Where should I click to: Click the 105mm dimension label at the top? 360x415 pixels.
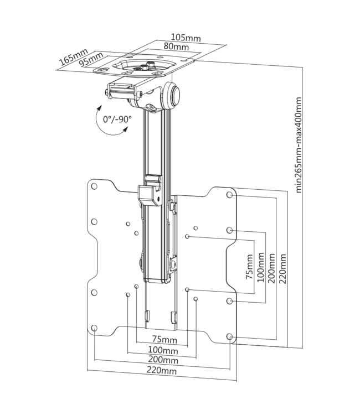(x=186, y=38)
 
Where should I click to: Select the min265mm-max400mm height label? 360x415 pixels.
(x=299, y=144)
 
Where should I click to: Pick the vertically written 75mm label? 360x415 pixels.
(x=249, y=269)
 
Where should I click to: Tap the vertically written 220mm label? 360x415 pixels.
(x=283, y=268)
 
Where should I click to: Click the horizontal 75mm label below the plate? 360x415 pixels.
(x=165, y=340)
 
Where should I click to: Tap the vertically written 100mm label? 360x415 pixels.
(x=260, y=268)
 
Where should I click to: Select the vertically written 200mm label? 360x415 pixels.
(x=271, y=268)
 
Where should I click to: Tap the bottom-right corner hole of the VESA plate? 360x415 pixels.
(x=230, y=336)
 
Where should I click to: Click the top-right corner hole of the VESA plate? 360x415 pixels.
(x=230, y=195)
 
